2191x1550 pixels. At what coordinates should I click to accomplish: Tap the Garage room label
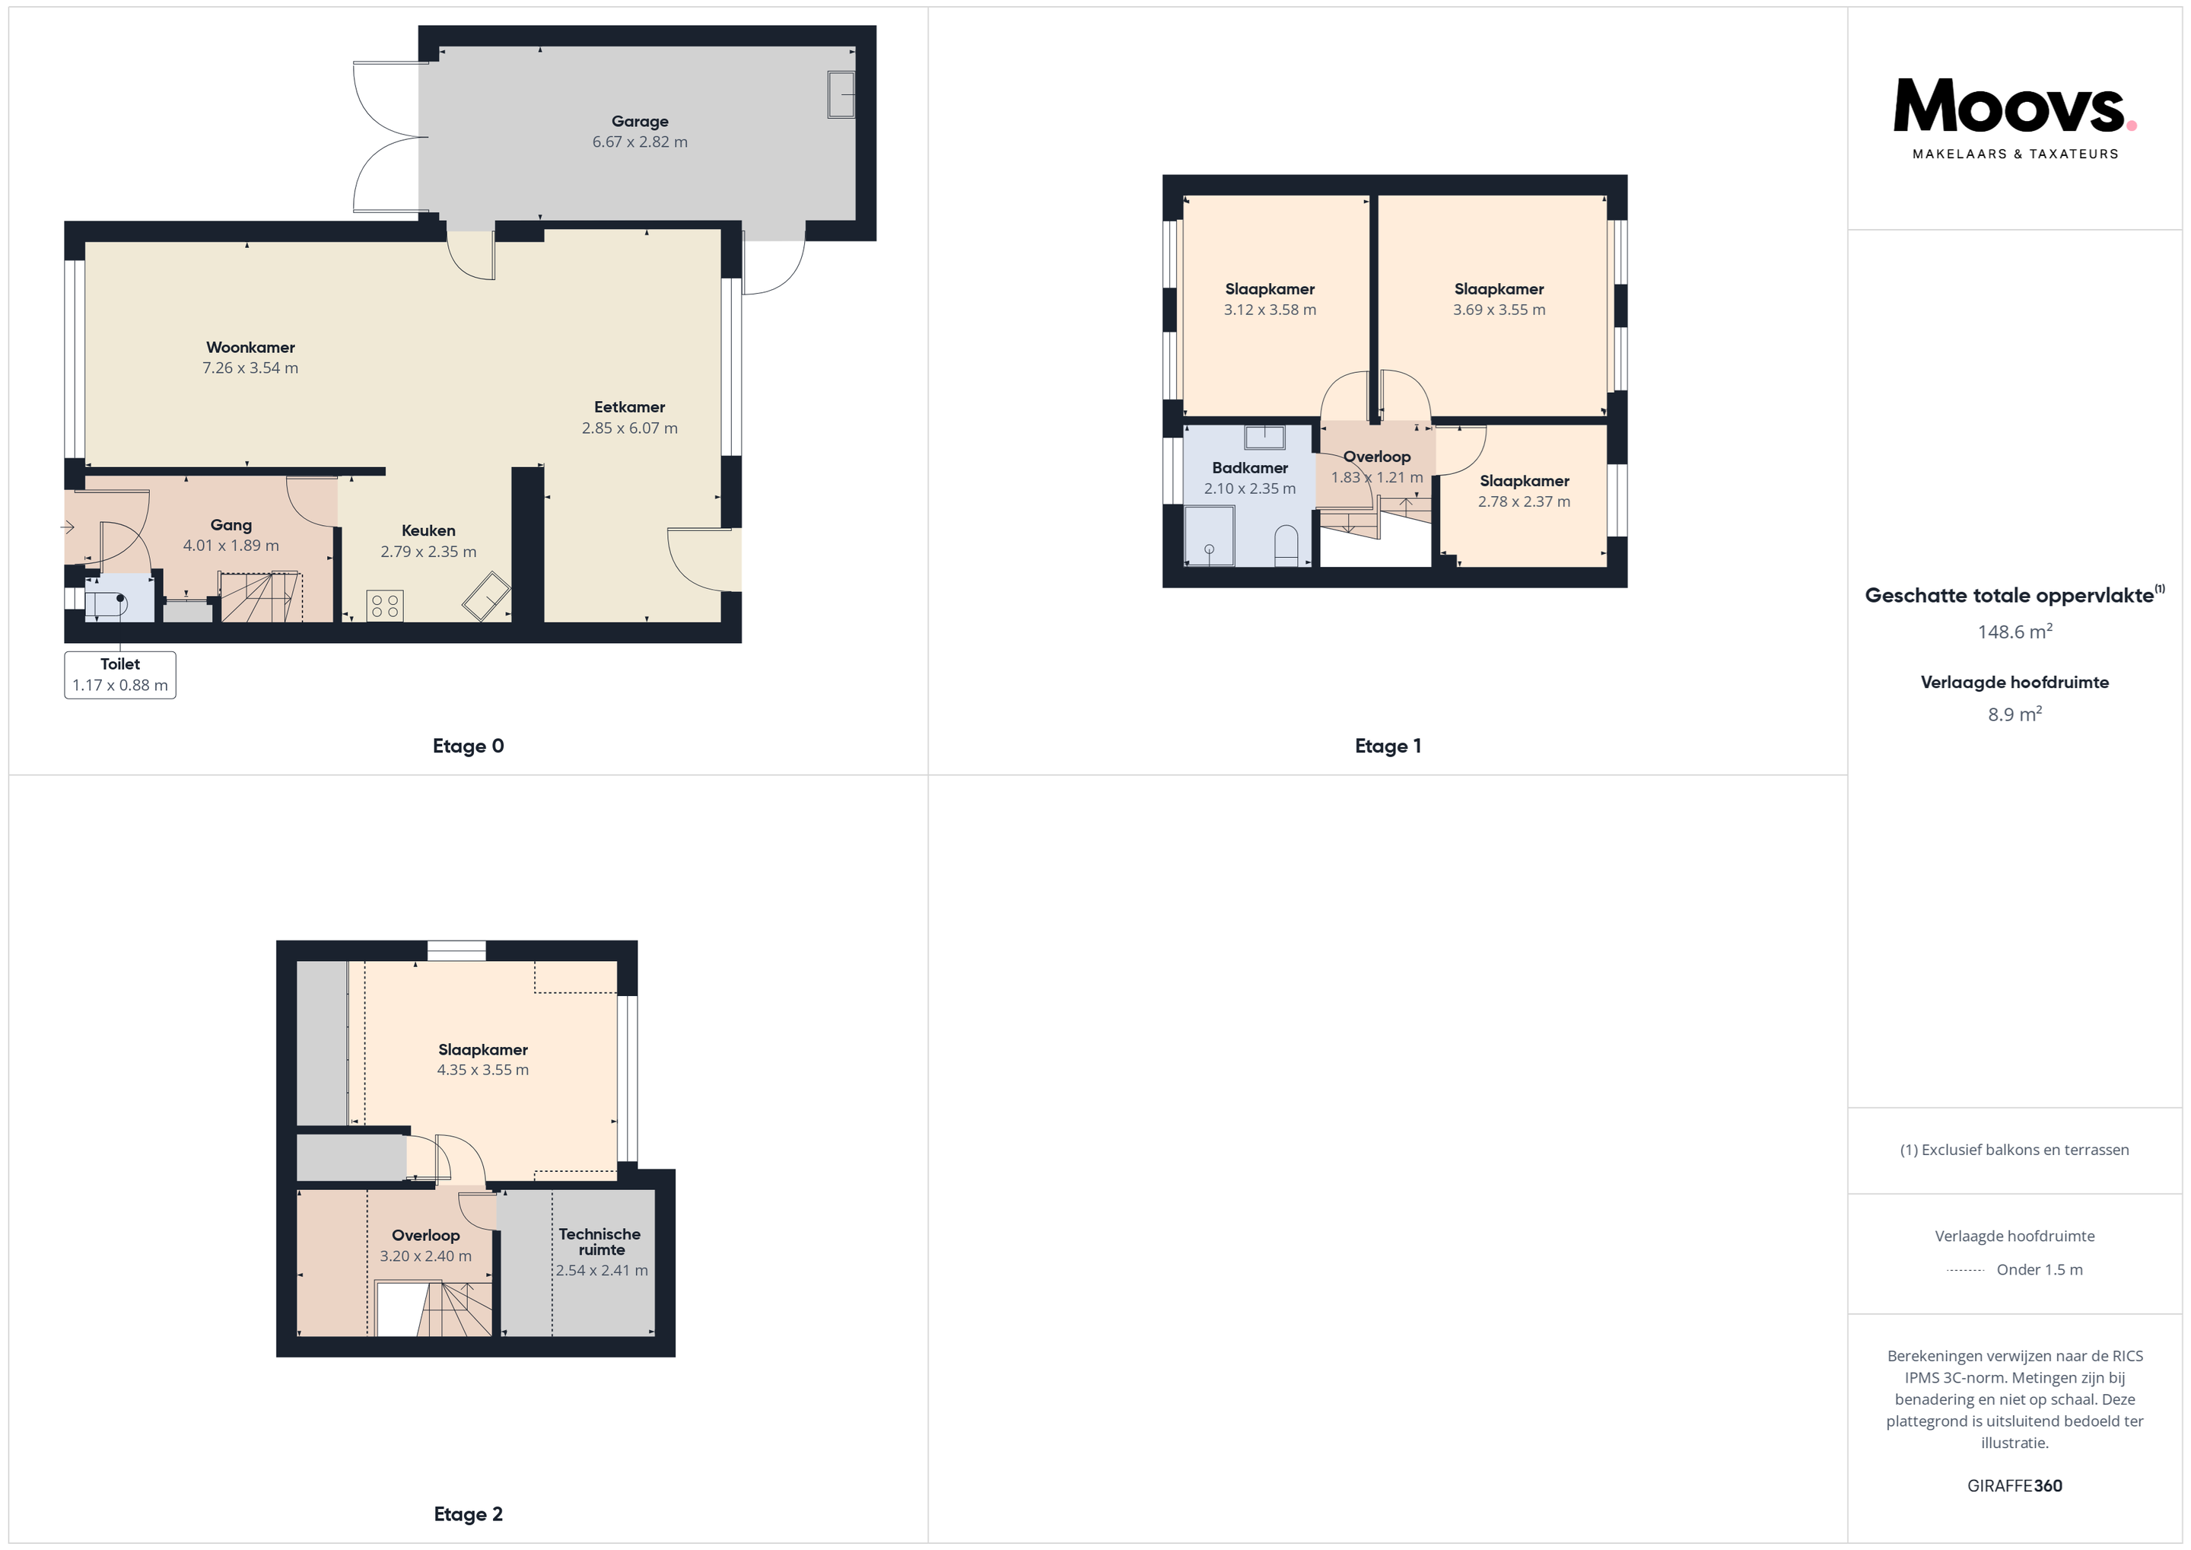(x=639, y=121)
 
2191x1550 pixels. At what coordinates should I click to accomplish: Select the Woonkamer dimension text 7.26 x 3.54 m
(x=250, y=368)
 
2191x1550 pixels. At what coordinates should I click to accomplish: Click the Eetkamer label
(x=629, y=406)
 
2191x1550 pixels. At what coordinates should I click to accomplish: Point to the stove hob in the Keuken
(x=385, y=605)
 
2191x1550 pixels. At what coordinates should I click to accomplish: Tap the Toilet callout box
(x=120, y=675)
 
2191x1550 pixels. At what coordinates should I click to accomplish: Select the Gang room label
(x=231, y=525)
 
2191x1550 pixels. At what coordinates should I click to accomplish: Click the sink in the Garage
(x=841, y=94)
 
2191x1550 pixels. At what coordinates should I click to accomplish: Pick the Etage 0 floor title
(x=468, y=746)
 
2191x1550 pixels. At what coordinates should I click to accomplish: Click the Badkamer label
(x=1250, y=468)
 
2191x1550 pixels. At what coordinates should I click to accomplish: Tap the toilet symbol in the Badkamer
(x=1286, y=545)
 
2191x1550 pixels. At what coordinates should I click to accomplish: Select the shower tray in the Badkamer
(x=1209, y=536)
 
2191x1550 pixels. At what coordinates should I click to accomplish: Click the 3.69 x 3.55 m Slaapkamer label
(x=1499, y=299)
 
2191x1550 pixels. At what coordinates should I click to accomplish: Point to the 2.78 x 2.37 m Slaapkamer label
(x=1524, y=491)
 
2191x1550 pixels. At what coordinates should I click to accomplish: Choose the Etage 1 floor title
(x=1388, y=746)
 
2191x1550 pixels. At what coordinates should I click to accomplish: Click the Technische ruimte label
(x=600, y=1242)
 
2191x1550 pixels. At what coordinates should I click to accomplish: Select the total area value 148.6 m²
(x=2015, y=631)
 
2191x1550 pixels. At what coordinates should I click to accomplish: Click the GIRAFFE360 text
(x=2015, y=1486)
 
